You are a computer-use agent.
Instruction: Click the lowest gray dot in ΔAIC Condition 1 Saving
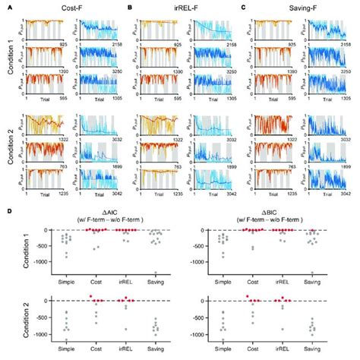pos(155,274)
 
